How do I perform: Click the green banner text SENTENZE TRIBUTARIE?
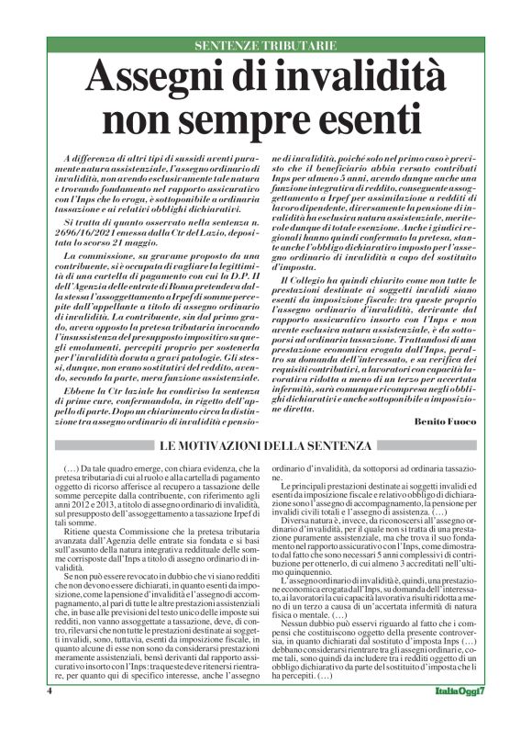click(265, 45)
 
